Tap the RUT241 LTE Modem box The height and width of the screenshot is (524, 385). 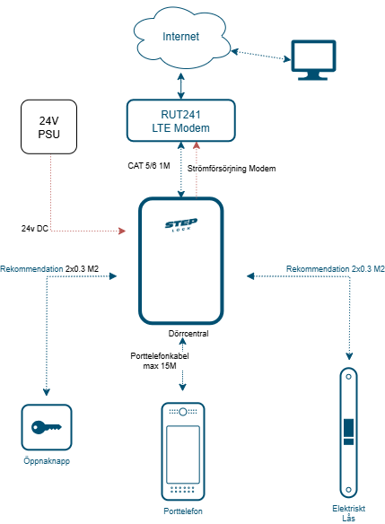pos(181,120)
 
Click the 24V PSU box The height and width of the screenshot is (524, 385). pos(50,127)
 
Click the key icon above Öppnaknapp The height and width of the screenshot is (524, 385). pos(47,427)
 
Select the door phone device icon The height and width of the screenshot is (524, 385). pos(182,452)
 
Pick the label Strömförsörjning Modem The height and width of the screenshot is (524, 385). pos(232,169)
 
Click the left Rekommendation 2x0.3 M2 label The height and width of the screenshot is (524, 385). pos(49,268)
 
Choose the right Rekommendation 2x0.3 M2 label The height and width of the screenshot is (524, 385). pos(335,268)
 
